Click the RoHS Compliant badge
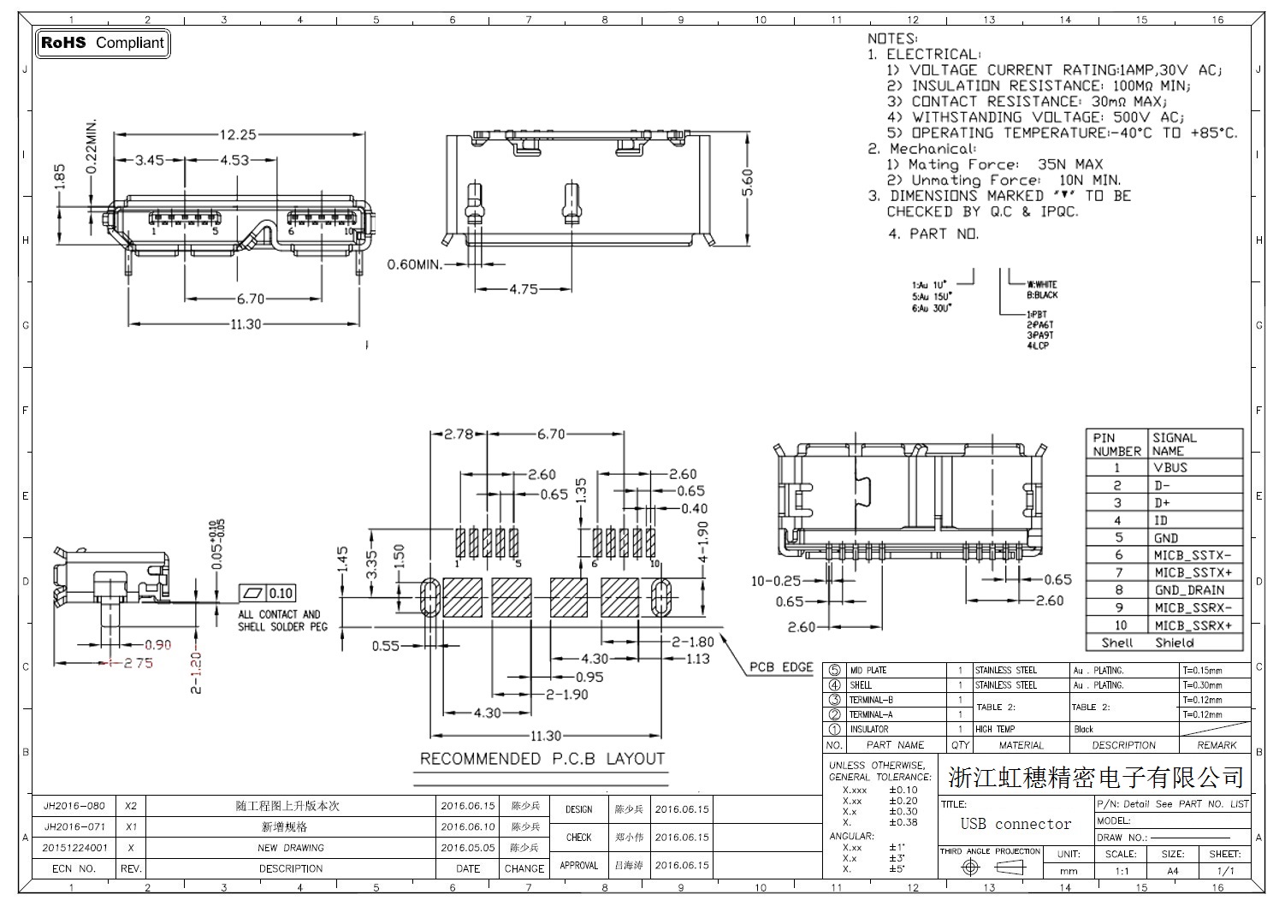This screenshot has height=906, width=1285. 103,43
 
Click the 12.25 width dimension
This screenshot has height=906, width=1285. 238,134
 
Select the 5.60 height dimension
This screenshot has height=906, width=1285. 748,182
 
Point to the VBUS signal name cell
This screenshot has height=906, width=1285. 1170,468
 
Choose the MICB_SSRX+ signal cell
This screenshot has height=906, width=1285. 1193,625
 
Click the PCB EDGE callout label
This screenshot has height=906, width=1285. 781,667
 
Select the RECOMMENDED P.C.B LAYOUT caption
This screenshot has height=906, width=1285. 542,759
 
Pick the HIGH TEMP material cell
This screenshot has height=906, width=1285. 995,730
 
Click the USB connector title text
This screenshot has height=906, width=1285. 1016,824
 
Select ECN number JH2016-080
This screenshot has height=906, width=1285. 74,806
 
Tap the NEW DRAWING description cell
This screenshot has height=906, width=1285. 290,848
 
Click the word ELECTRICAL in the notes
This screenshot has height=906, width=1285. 932,54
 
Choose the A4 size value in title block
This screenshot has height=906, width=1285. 1172,871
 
